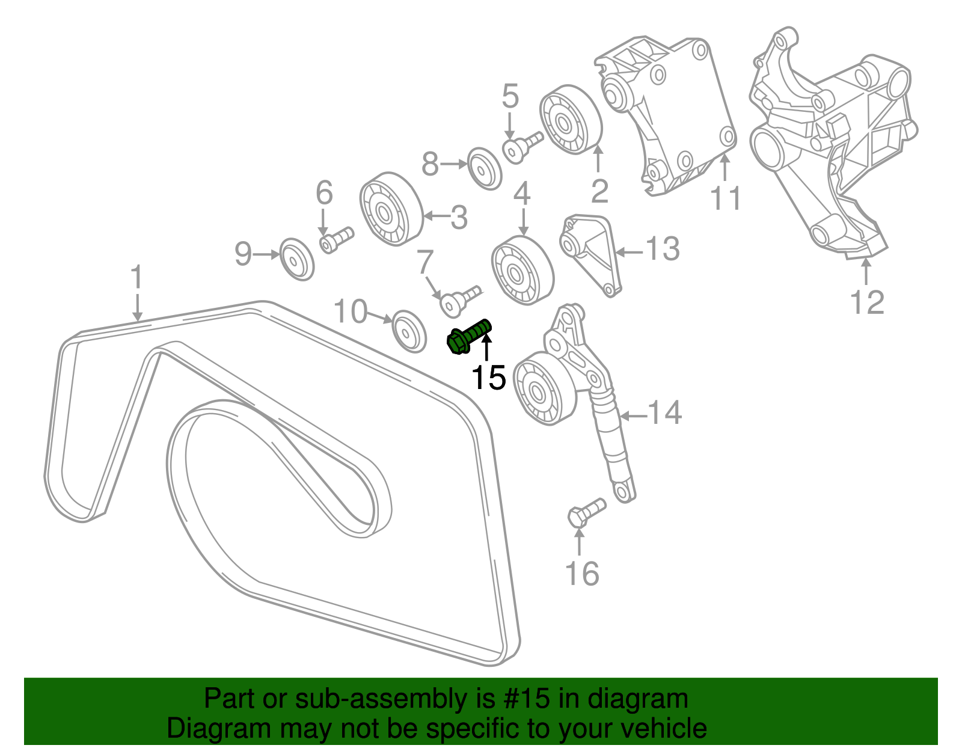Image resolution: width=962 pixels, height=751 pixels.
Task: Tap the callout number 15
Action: [x=488, y=378]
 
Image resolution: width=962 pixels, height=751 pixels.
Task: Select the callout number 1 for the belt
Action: [x=137, y=277]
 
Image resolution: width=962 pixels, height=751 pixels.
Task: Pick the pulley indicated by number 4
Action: [x=522, y=271]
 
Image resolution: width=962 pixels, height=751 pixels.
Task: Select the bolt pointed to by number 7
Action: [x=460, y=299]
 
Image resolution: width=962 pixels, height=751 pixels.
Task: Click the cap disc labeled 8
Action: [x=485, y=168]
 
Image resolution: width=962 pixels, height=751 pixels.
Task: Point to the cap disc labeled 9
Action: [x=297, y=259]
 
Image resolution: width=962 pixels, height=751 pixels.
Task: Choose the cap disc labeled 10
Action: [x=409, y=330]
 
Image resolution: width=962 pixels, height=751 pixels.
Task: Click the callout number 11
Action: [x=726, y=198]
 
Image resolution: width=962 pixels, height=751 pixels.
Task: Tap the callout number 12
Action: [x=867, y=302]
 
